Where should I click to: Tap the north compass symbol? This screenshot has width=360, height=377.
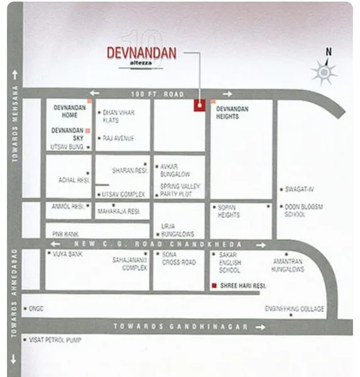click(x=325, y=72)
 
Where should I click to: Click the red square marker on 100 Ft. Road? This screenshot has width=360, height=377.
click(x=199, y=106)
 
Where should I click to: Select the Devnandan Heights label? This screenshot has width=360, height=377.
click(x=232, y=112)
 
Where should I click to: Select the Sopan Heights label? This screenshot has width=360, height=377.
click(x=229, y=210)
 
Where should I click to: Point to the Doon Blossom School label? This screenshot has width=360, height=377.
click(x=303, y=210)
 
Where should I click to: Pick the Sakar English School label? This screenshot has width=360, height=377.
click(x=229, y=262)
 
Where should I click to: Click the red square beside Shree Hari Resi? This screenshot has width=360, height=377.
click(x=214, y=286)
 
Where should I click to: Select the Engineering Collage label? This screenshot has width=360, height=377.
click(x=294, y=309)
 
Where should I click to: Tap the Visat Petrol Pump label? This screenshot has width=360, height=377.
click(x=56, y=340)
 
